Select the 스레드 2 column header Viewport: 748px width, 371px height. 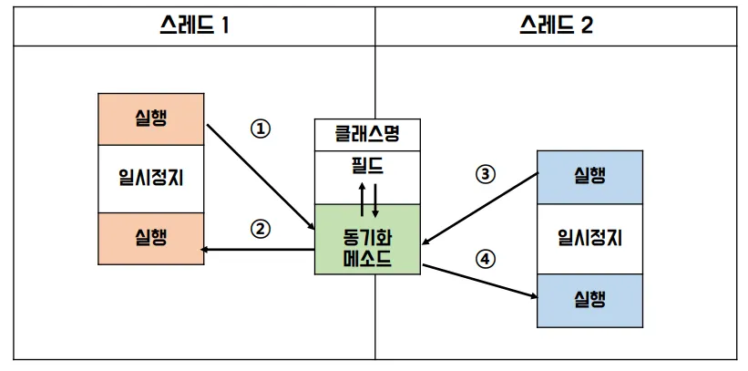[556, 25]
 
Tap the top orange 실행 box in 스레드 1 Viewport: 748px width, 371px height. [152, 119]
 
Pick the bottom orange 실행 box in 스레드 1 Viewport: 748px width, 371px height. [152, 238]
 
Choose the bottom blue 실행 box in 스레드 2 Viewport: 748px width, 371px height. [590, 299]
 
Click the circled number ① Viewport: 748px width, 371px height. [261, 129]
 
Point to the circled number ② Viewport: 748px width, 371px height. [261, 229]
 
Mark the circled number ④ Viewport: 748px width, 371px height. [485, 259]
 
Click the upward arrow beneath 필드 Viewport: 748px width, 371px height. [362, 199]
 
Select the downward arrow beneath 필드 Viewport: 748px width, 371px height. [373, 199]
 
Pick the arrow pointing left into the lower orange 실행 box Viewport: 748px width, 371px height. [260, 248]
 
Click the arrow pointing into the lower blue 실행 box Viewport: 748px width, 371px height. [478, 280]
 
